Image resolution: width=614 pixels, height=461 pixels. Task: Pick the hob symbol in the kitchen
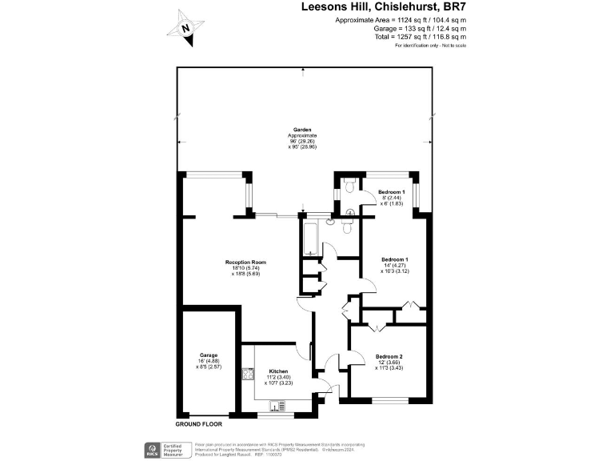(249, 375)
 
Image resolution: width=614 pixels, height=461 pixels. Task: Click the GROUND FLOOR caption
(200, 423)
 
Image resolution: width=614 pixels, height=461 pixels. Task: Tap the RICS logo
(150, 449)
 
